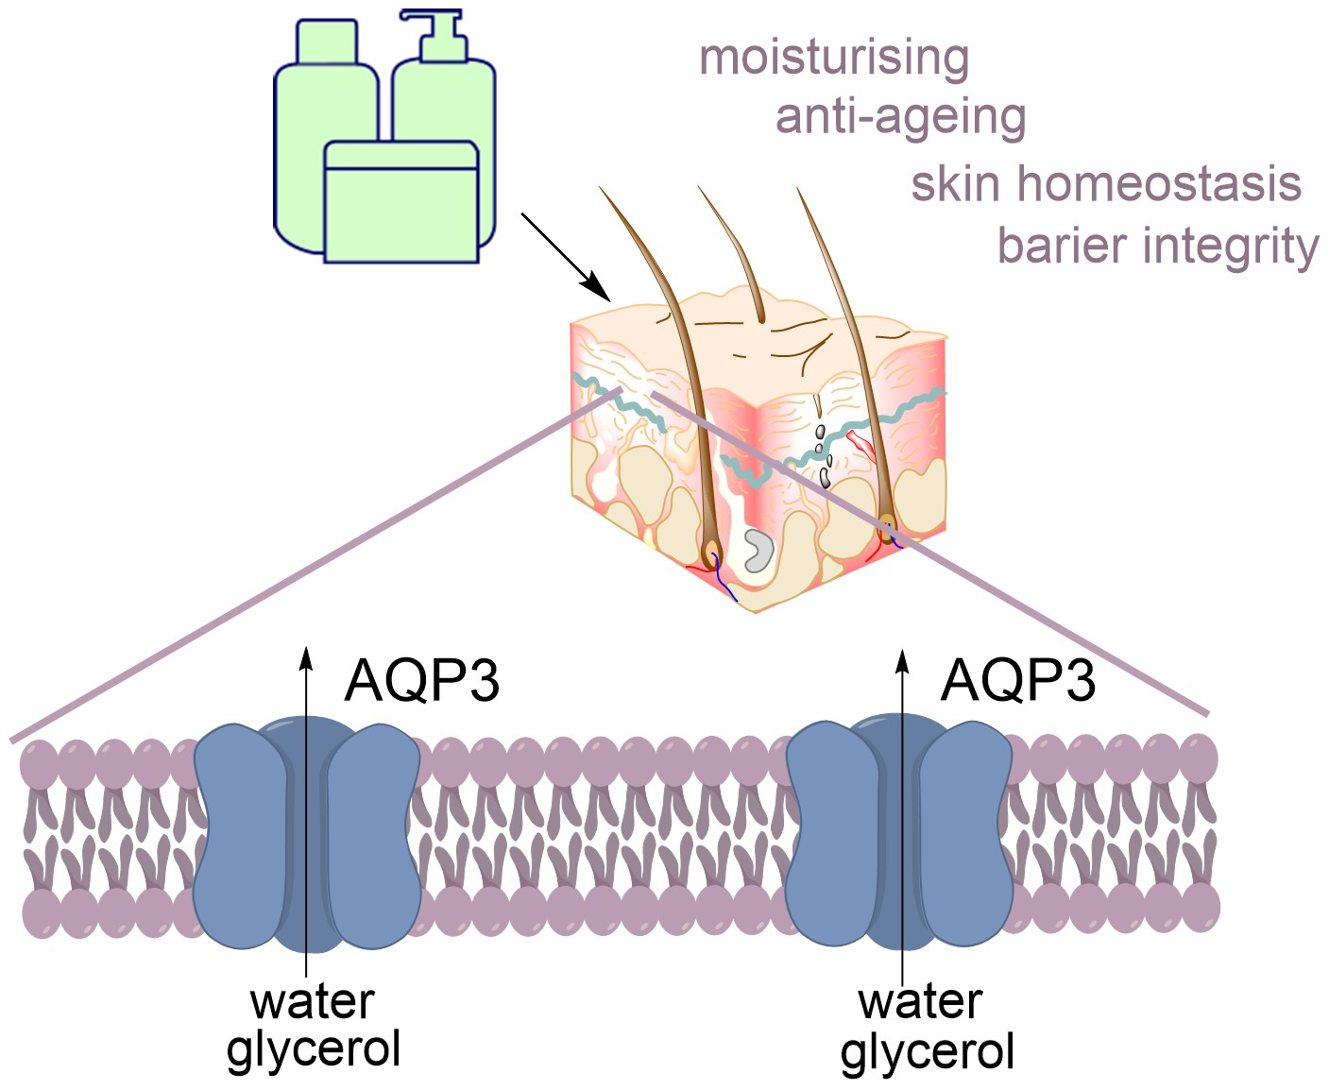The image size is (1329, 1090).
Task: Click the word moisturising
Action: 833,59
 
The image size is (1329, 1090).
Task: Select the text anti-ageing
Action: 900,119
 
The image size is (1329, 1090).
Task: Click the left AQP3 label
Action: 421,680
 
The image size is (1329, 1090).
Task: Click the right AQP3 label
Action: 1017,680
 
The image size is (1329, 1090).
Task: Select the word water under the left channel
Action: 313,1002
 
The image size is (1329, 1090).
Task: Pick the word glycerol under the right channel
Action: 927,1051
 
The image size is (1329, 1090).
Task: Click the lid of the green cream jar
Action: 400,155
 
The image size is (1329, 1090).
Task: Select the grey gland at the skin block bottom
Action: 758,551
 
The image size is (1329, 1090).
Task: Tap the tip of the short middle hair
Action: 701,189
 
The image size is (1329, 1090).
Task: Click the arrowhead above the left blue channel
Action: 305,657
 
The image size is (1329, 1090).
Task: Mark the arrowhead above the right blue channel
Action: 902,657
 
